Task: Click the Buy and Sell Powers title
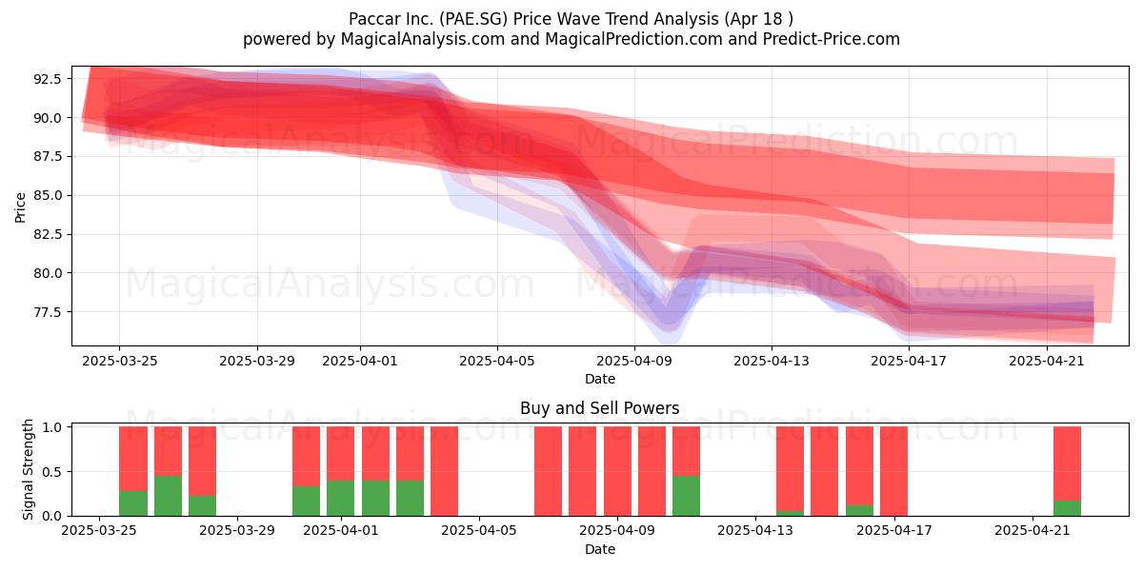[x=599, y=408]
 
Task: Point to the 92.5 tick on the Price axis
[x=48, y=79]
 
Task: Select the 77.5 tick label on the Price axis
[x=48, y=312]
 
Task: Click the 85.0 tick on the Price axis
[x=48, y=196]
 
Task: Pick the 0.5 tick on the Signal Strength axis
[x=52, y=472]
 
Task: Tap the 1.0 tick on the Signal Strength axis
[x=52, y=427]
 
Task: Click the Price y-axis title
[x=20, y=207]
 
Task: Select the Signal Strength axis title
[x=28, y=469]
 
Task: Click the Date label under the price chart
[x=600, y=379]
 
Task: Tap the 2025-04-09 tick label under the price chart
[x=634, y=361]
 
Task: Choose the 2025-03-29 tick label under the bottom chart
[x=237, y=531]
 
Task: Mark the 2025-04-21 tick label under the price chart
[x=1047, y=361]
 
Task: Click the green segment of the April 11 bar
[x=686, y=496]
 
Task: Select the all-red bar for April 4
[x=444, y=471]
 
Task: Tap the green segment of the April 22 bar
[x=1067, y=508]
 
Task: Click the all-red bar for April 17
[x=893, y=471]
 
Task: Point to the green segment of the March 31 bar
[x=306, y=502]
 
